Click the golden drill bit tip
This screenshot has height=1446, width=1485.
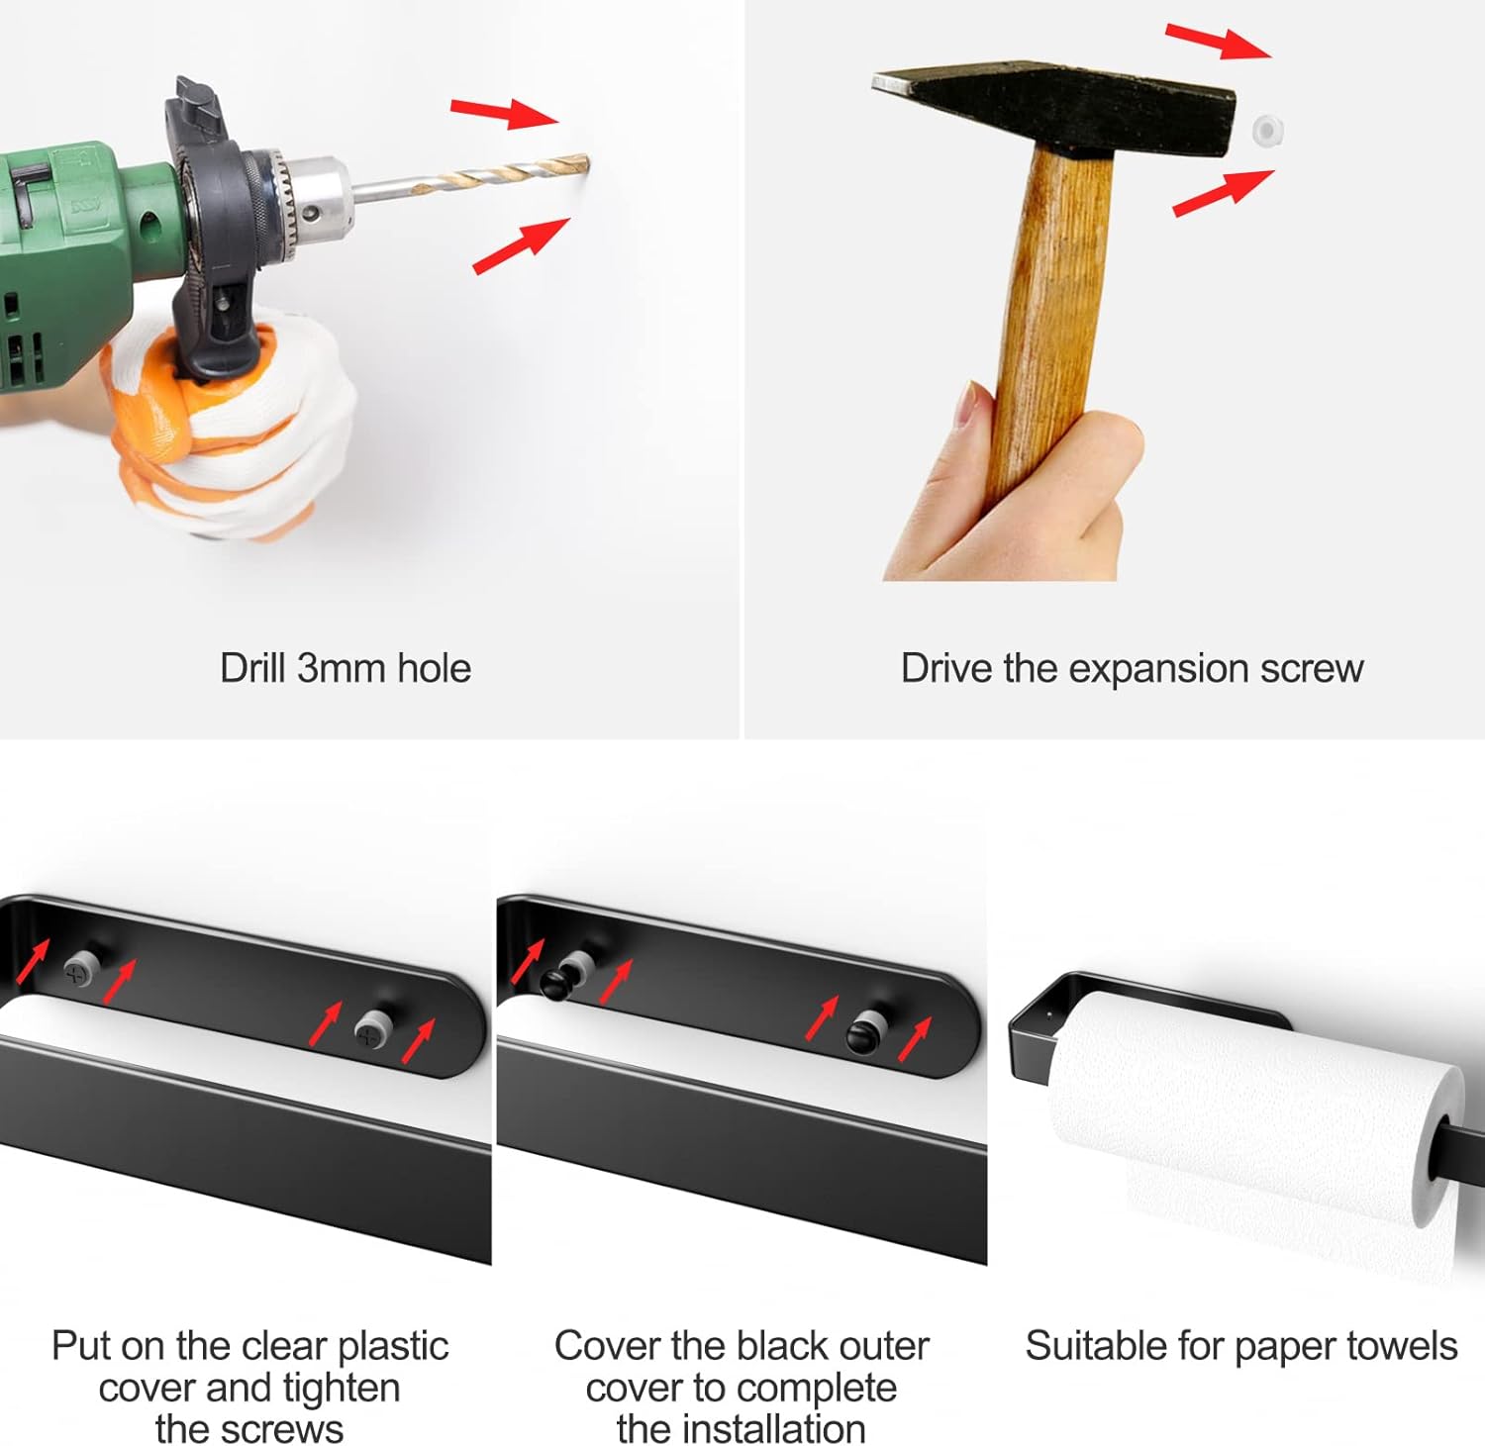(x=583, y=164)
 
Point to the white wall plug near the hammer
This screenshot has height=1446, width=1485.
(x=1266, y=130)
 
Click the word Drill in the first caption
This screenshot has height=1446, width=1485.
(x=253, y=668)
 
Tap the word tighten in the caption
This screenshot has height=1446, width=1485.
(x=342, y=1389)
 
